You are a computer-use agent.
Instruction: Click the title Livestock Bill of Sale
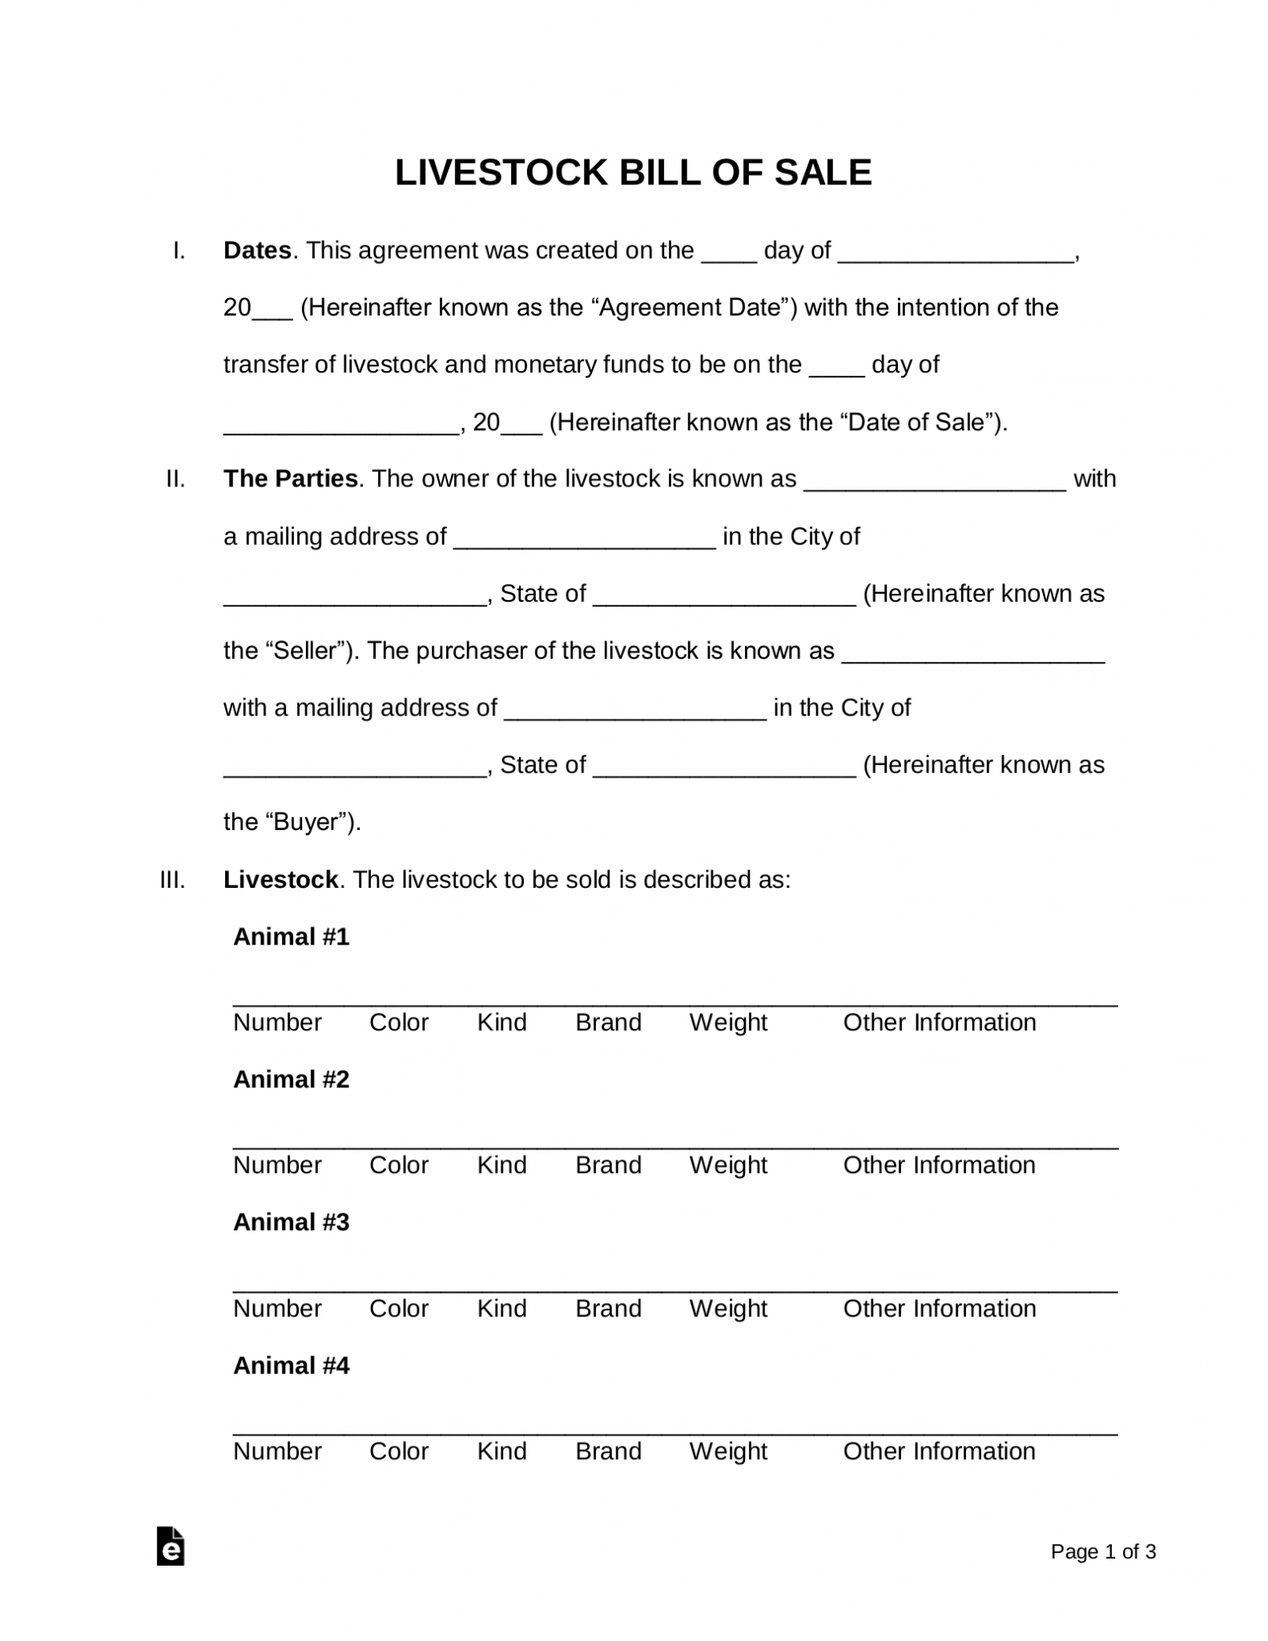[633, 173]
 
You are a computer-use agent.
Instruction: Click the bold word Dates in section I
[257, 251]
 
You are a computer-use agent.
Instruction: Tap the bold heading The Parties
[290, 478]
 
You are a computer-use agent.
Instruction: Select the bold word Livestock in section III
[280, 880]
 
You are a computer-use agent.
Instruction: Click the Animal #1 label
[291, 937]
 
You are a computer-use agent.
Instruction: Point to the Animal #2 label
[291, 1079]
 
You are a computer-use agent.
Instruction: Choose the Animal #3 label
[291, 1222]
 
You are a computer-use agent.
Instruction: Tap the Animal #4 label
[291, 1365]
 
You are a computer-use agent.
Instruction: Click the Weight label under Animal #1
[728, 1022]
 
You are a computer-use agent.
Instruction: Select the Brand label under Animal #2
[608, 1165]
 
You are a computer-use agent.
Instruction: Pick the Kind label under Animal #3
[501, 1308]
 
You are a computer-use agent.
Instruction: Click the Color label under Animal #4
[399, 1451]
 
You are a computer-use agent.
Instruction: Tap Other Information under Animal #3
[939, 1308]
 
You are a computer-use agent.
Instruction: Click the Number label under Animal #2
[277, 1165]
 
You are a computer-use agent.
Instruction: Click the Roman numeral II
[175, 479]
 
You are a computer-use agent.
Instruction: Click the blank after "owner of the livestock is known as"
[934, 481]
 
